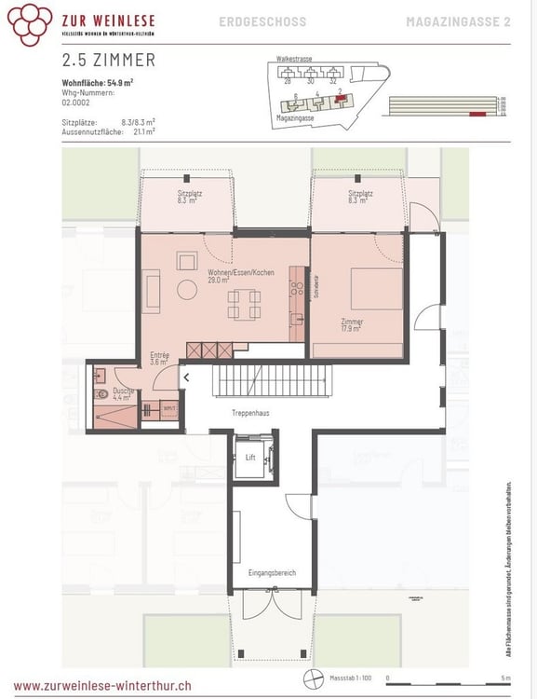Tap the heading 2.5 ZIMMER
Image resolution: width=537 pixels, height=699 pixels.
tap(108, 61)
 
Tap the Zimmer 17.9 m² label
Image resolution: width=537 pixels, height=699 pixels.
tap(352, 324)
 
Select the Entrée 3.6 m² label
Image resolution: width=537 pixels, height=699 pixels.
tap(159, 359)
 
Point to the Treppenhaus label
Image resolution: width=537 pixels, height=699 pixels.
tap(251, 411)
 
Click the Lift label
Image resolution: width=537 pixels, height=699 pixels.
tap(250, 458)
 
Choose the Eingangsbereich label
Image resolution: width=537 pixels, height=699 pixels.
tap(273, 572)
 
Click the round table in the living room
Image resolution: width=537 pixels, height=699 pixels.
tap(187, 291)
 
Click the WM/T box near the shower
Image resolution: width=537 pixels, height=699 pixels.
tap(169, 408)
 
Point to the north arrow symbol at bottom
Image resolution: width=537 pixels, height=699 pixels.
tap(312, 678)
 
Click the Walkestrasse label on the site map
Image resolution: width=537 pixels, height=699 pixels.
tap(294, 58)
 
